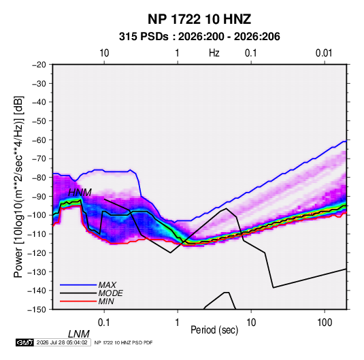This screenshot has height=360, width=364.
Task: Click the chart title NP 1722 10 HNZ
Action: [199, 19]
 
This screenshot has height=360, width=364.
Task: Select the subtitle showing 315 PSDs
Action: [199, 37]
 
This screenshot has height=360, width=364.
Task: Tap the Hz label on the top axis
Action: [214, 53]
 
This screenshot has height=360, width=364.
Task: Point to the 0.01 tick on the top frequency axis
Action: [324, 53]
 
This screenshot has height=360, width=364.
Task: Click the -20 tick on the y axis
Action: [39, 65]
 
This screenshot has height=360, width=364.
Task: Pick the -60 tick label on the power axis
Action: [39, 140]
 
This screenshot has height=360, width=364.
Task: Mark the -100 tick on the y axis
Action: [37, 215]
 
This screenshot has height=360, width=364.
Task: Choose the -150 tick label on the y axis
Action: [37, 310]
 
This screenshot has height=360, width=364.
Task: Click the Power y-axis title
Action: [18, 186]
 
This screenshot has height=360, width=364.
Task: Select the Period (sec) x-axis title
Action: [214, 330]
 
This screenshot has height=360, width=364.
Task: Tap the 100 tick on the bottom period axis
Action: [325, 322]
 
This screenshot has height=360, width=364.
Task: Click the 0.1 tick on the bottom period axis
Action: [104, 322]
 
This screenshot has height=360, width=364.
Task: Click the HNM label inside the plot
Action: [80, 193]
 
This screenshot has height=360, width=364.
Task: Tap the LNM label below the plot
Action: [79, 334]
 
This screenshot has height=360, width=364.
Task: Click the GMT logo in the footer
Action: [25, 342]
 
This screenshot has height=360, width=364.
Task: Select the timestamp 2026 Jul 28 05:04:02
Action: [62, 342]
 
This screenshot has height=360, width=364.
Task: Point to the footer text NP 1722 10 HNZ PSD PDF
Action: [124, 342]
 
